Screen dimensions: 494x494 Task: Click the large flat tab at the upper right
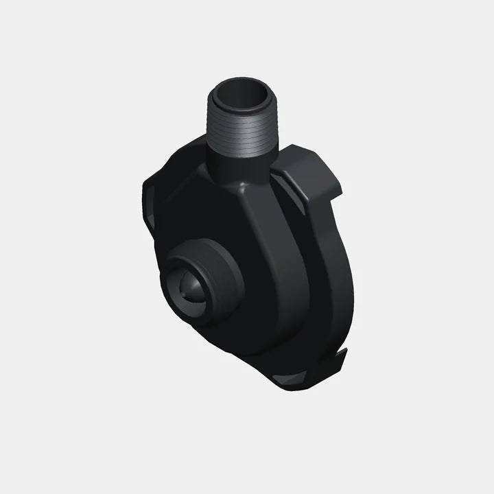point(305,165)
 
